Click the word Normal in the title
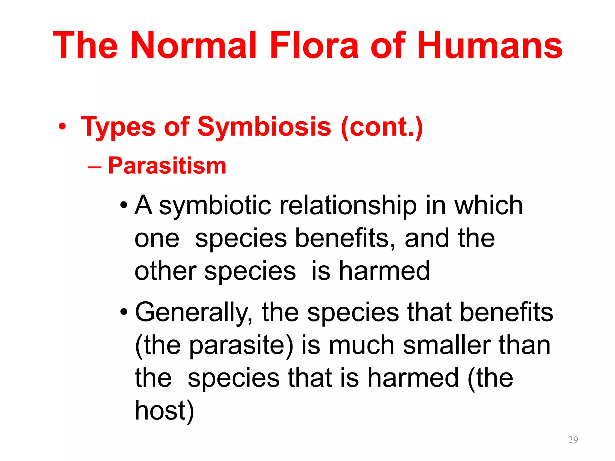(194, 46)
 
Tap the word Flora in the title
(314, 46)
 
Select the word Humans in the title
(490, 46)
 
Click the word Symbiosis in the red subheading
(264, 127)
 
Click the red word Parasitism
(167, 166)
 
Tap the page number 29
(573, 440)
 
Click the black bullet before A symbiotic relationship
(124, 206)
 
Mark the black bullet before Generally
(124, 312)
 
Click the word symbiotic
(215, 206)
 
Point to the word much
(362, 345)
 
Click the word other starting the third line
(166, 271)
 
